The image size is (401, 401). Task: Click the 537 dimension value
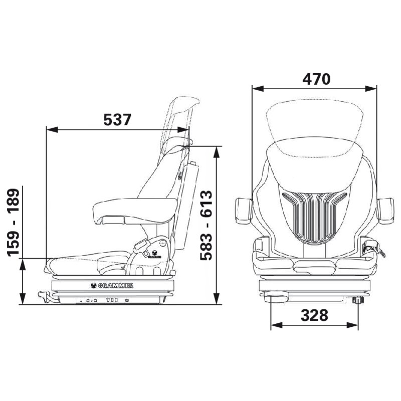[117, 119]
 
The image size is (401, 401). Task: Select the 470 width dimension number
[316, 79]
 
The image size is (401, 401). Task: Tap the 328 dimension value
[314, 315]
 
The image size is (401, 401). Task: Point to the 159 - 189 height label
[14, 223]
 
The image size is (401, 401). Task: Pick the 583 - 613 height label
[206, 225]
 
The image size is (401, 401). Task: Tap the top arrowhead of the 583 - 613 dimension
[217, 152]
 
